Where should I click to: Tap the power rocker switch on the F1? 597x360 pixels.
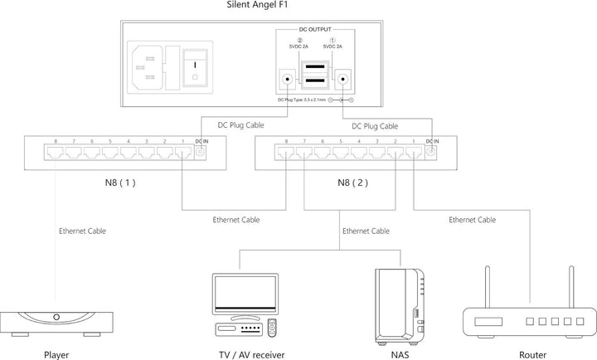coord(195,66)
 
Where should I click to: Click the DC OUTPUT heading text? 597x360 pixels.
coord(319,29)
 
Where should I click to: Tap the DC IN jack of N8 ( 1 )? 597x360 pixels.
coord(199,153)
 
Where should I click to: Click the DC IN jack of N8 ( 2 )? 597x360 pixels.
coord(430,153)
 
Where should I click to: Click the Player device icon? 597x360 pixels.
coord(56,319)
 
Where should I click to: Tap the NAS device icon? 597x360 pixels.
coord(400,302)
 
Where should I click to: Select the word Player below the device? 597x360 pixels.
coord(56,353)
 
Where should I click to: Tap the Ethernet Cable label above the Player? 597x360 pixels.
coord(83,231)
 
